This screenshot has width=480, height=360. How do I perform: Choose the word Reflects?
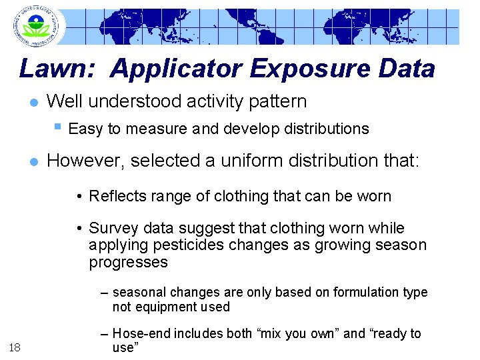coord(117,196)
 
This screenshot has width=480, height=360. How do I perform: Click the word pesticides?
coord(190,245)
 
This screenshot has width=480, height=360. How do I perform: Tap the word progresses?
coord(128,263)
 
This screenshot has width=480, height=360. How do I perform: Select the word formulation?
coord(365,293)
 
